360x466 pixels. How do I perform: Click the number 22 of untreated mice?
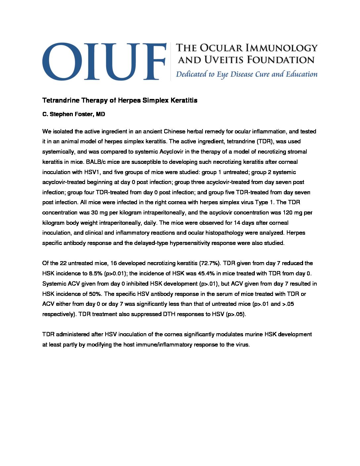coord(63,263)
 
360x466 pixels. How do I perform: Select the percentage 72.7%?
coord(209,263)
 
